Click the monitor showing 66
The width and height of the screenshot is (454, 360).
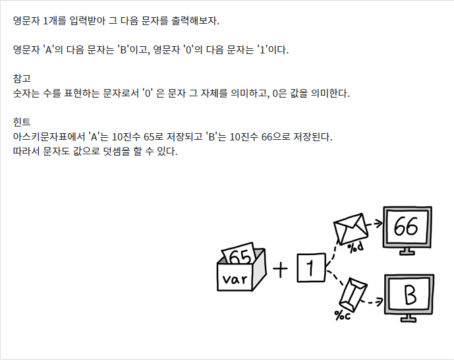[407, 230]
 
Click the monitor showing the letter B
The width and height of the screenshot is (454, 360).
[409, 298]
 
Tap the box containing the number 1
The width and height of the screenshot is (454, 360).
[311, 268]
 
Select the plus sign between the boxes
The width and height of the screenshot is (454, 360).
[280, 270]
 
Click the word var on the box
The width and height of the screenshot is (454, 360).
[235, 279]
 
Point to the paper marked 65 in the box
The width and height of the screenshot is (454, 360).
[239, 254]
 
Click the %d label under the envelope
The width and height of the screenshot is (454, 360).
[355, 247]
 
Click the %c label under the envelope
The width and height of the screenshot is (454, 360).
[343, 315]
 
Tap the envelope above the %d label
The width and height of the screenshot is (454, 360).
[351, 229]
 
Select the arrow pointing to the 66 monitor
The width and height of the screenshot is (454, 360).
[375, 224]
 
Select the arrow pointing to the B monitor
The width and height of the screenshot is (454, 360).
[372, 302]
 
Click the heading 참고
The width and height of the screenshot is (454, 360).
[22, 78]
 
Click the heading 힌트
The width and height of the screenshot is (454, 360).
[22, 122]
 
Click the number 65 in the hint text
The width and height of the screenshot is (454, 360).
[149, 136]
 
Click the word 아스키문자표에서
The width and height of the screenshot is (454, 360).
[49, 136]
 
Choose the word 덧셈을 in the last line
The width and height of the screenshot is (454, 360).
[117, 151]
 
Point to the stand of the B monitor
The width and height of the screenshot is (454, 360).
[409, 318]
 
